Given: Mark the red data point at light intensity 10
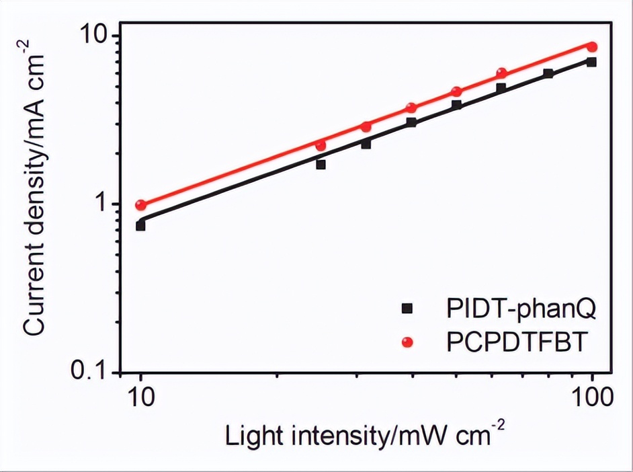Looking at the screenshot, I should click(140, 205).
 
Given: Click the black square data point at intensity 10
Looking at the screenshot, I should click(140, 225).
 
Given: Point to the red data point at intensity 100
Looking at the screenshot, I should click(592, 46).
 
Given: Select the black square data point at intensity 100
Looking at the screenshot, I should click(591, 62).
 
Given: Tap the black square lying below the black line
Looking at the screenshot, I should click(321, 164).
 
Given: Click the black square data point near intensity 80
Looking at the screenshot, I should click(548, 73).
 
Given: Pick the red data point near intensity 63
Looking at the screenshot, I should click(501, 73).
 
